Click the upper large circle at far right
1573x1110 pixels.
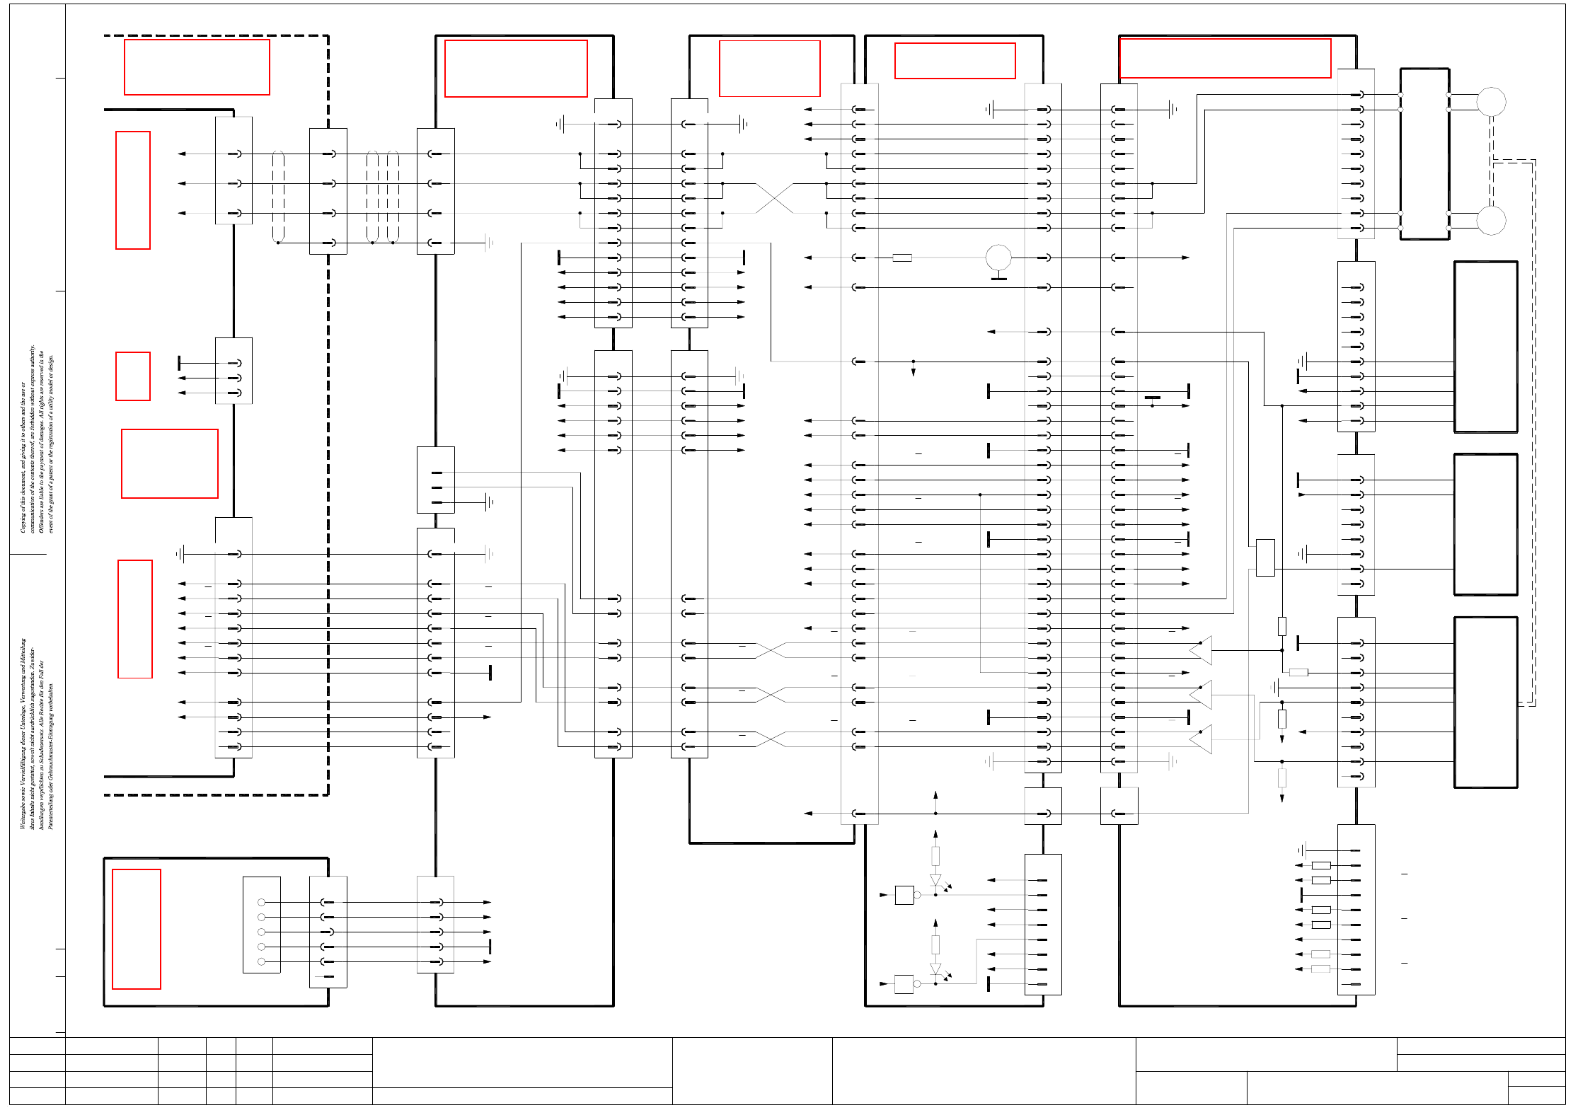tap(1491, 102)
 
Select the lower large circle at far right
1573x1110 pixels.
tap(1491, 221)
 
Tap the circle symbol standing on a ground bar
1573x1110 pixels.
tap(998, 258)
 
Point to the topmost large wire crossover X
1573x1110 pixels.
tap(774, 198)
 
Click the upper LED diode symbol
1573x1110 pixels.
tap(935, 881)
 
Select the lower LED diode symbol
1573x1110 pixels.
tap(935, 969)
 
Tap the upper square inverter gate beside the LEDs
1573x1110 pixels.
tap(904, 895)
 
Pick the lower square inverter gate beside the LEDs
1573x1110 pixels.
tap(904, 984)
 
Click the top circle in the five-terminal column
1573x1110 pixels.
tap(261, 902)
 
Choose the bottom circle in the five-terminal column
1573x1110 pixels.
tap(261, 961)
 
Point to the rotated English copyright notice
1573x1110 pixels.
tap(37, 439)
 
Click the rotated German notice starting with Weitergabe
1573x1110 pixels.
tap(37, 732)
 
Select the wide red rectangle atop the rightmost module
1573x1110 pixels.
tap(1225, 58)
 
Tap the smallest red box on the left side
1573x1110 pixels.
tap(133, 376)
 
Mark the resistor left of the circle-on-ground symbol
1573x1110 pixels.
tap(902, 258)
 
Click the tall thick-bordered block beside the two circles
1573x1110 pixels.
tap(1424, 154)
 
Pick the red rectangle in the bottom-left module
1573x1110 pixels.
tap(137, 929)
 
